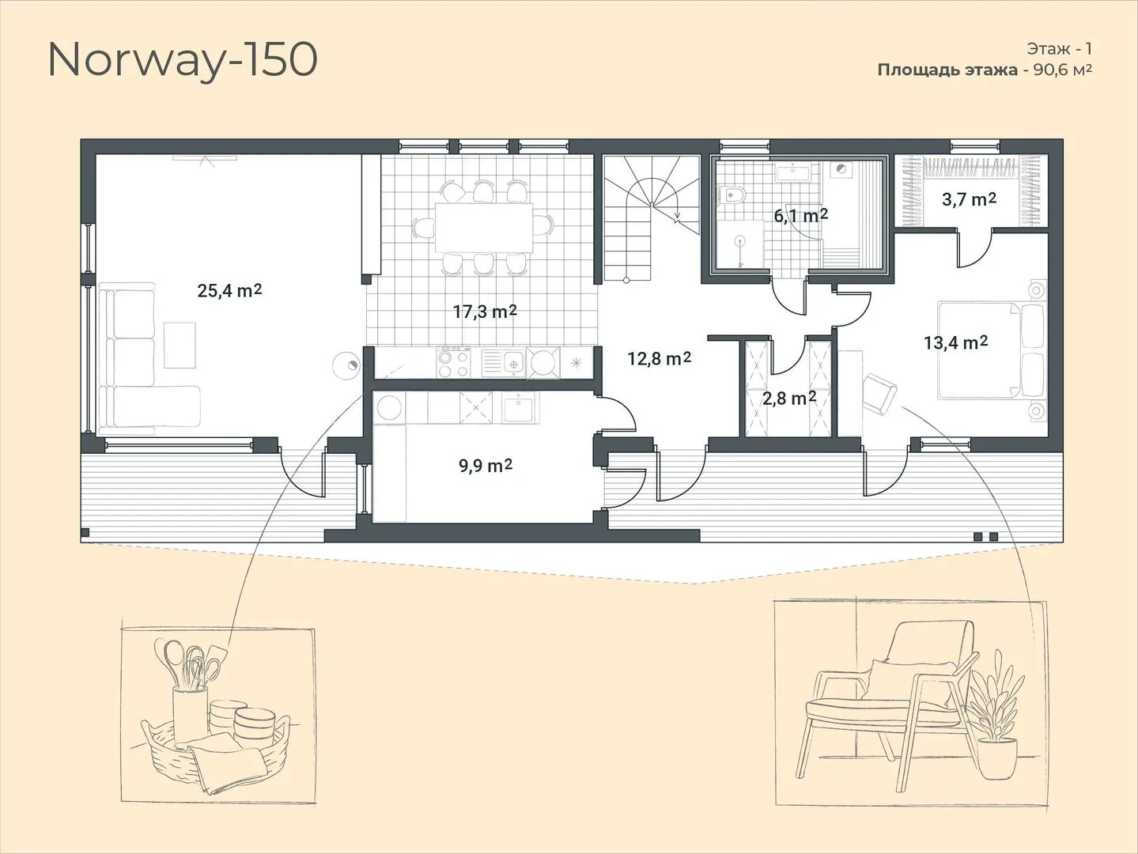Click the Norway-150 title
(x=183, y=62)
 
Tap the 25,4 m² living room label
(x=229, y=290)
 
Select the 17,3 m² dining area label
(x=485, y=311)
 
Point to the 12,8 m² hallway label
(x=660, y=357)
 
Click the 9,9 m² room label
(x=486, y=465)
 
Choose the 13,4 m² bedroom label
(x=956, y=342)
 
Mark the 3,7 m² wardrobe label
(x=969, y=199)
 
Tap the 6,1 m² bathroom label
(x=800, y=216)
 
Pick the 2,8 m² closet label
(x=789, y=398)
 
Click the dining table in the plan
(x=484, y=228)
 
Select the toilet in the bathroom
(x=732, y=195)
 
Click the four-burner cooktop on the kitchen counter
(x=454, y=362)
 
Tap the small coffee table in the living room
(x=180, y=345)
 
